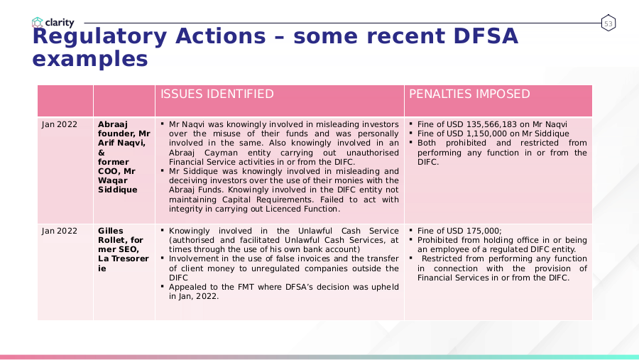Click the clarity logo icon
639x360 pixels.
coord(38,22)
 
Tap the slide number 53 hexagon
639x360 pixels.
coord(608,23)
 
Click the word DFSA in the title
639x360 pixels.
coord(486,36)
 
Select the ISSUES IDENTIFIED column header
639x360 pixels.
coord(217,94)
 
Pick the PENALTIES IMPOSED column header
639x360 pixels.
coord(469,94)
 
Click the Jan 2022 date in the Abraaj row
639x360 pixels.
coord(59,124)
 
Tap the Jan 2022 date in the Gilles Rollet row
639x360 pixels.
coord(59,231)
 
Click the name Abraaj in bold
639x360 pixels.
coord(112,125)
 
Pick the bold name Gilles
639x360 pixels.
coord(111,231)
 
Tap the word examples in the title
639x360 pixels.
coord(90,59)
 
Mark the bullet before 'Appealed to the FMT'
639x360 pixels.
coord(162,286)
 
